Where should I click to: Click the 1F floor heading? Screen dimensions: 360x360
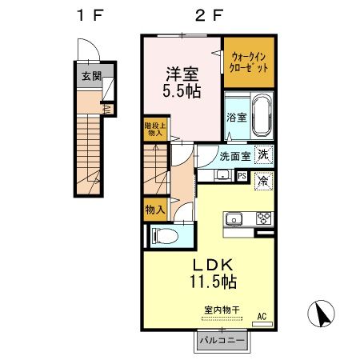[90, 14]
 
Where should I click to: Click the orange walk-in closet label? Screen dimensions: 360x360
[249, 63]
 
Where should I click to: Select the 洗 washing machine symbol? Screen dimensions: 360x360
[263, 155]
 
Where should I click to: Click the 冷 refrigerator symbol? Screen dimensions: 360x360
[264, 182]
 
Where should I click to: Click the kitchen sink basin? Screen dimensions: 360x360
[236, 218]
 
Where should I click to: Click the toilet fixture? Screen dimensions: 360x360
[163, 237]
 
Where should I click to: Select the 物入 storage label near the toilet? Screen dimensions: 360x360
[154, 210]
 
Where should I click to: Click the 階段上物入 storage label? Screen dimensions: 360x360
[154, 130]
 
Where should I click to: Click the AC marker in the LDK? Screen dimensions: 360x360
[261, 317]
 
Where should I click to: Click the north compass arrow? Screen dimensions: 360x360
[322, 314]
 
